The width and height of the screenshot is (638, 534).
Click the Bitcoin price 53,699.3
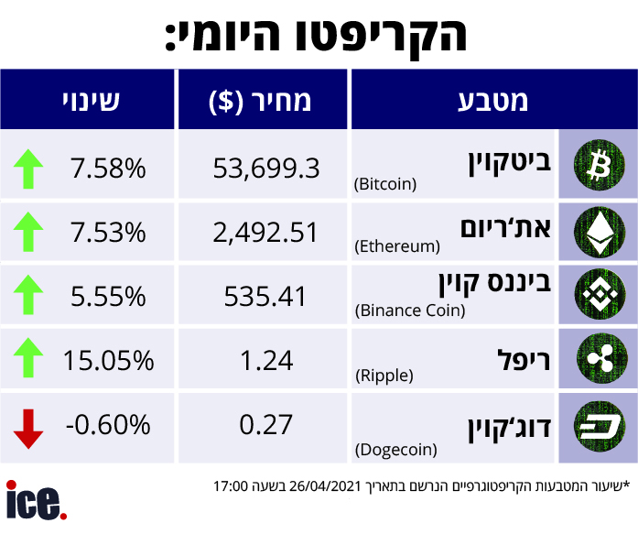click(x=265, y=168)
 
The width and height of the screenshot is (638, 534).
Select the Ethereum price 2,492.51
click(x=265, y=232)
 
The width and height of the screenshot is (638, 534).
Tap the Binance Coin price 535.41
click(x=265, y=296)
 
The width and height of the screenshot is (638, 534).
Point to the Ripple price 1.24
click(x=265, y=360)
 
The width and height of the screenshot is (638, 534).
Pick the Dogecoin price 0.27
click(x=265, y=424)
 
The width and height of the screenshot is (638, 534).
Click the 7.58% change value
click(x=107, y=168)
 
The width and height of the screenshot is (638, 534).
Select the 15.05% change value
click(x=108, y=360)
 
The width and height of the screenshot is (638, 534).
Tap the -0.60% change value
click(x=107, y=424)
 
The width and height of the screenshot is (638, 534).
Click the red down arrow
click(x=29, y=427)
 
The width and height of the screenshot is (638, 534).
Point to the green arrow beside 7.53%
click(x=29, y=232)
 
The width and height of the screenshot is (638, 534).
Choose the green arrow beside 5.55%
click(x=29, y=296)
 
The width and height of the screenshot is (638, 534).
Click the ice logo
click(x=36, y=501)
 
